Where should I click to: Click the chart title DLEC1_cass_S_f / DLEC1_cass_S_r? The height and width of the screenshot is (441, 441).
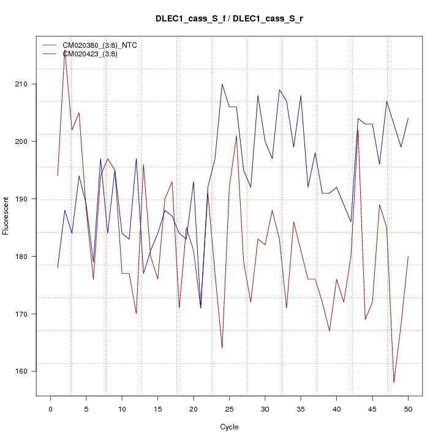[229, 19]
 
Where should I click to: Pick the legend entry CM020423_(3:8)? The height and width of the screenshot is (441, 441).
[94, 54]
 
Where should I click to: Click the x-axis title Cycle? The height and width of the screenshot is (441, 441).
[229, 427]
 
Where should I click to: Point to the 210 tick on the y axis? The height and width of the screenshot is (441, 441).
[36, 84]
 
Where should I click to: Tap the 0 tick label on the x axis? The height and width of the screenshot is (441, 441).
[50, 409]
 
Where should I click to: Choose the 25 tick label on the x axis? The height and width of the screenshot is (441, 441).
[229, 409]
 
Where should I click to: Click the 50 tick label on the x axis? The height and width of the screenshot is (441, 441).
[408, 409]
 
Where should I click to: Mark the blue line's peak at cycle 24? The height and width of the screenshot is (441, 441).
[222, 84]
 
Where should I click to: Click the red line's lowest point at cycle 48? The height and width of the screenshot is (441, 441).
[394, 383]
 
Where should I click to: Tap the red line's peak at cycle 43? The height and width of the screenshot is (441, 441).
[358, 130]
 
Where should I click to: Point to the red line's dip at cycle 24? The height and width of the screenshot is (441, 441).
[222, 348]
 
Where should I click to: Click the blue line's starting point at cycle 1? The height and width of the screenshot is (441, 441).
[58, 268]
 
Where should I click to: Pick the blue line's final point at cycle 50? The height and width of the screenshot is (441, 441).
[408, 118]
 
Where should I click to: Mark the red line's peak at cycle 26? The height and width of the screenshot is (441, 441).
[236, 135]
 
